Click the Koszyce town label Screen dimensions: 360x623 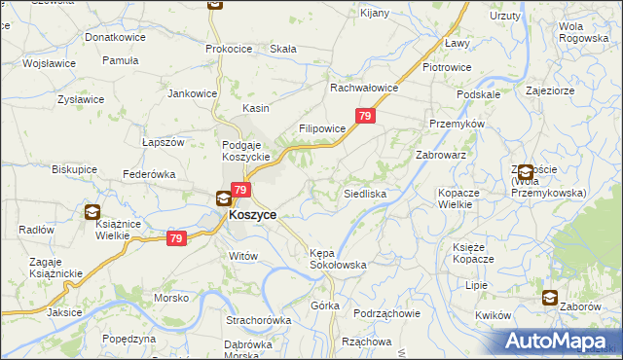(x=252, y=215)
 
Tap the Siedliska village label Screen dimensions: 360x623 (x=366, y=195)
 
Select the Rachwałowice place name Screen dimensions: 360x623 (x=365, y=88)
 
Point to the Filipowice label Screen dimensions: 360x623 (x=322, y=128)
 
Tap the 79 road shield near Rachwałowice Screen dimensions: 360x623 (x=365, y=117)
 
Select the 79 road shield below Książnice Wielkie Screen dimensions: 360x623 (x=176, y=238)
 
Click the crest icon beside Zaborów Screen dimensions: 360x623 (x=551, y=299)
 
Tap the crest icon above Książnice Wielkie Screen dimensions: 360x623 (x=92, y=211)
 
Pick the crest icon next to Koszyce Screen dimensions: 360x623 (x=223, y=199)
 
